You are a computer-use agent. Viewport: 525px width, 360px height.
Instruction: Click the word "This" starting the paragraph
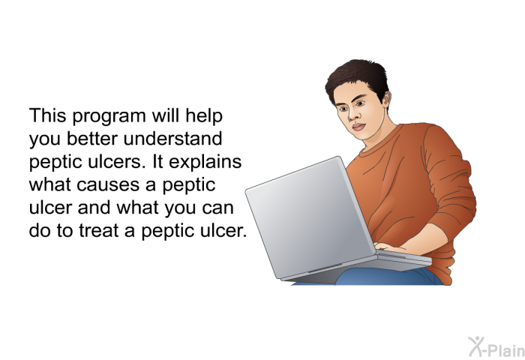pyautogui.click(x=47, y=115)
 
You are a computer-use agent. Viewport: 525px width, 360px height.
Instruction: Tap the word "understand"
pyautogui.click(x=172, y=139)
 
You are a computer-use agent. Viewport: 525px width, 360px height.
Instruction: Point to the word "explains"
pyautogui.click(x=205, y=163)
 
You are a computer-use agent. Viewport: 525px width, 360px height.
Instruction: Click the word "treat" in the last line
pyautogui.click(x=99, y=231)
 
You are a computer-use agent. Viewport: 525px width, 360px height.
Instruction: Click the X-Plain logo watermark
pyautogui.click(x=496, y=347)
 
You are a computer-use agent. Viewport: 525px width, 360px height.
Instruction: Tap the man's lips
pyautogui.click(x=358, y=127)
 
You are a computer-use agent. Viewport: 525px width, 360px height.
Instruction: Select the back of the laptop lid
pyautogui.click(x=310, y=215)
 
